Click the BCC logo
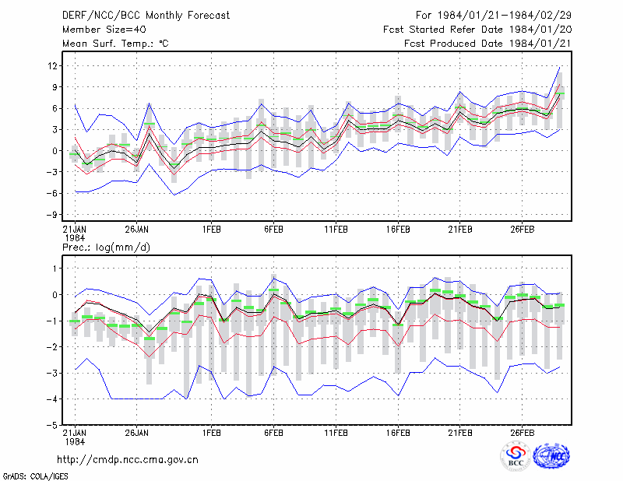516,456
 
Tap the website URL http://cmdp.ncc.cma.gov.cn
128,460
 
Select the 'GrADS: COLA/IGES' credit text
35,476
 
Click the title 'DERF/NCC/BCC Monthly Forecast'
146,16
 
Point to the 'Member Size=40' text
104,30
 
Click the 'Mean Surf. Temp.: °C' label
115,44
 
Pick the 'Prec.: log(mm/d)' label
106,248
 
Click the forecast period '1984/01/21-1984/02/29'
504,15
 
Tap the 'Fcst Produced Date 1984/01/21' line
488,44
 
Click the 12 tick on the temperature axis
53,66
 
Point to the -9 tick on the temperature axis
53,215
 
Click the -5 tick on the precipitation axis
53,425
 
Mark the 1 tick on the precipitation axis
55,269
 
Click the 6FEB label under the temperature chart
273,230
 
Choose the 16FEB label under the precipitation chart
398,433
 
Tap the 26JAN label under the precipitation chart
137,433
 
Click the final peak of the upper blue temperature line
559,68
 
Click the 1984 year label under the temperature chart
75,238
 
